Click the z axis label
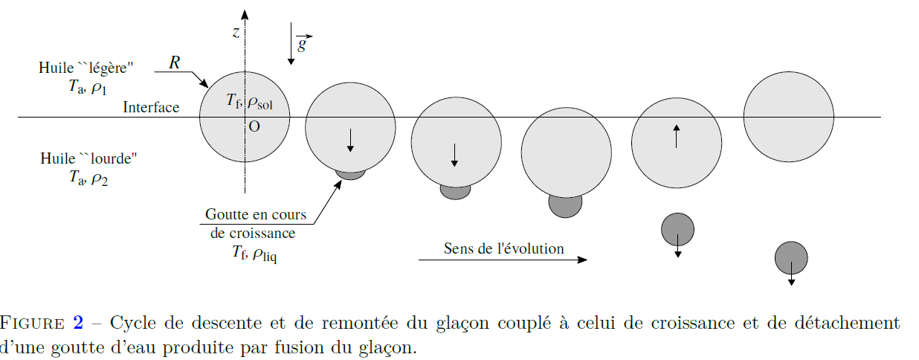click(235, 32)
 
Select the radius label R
click(174, 62)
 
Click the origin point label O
click(254, 127)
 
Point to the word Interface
click(151, 108)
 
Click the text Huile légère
click(86, 68)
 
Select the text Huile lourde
click(88, 158)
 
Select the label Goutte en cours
click(256, 215)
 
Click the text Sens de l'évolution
click(503, 248)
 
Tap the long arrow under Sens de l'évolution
click(503, 260)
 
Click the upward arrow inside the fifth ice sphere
click(676, 137)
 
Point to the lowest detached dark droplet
click(791, 258)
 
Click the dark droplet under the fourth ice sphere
click(565, 204)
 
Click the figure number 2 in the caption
click(77, 323)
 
